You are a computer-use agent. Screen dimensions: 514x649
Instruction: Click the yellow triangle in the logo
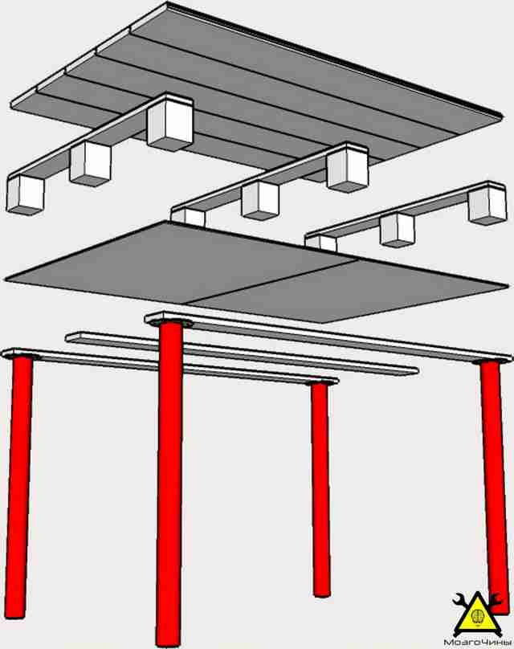[x=478, y=618]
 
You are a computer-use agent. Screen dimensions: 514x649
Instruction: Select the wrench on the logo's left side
[x=461, y=601]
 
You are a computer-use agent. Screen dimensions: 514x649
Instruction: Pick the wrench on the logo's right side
[x=494, y=601]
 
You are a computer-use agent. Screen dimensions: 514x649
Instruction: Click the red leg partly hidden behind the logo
[x=495, y=484]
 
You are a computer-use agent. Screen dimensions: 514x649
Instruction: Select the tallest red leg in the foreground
[x=169, y=484]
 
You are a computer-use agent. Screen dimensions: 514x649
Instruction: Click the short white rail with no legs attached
[x=242, y=353]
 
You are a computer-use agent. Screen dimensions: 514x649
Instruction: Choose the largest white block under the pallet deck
[x=170, y=123]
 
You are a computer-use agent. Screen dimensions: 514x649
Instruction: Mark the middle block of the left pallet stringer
[x=91, y=164]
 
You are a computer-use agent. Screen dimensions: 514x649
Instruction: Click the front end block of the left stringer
[x=25, y=194]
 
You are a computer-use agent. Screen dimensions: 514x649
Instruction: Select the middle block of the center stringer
[x=260, y=200]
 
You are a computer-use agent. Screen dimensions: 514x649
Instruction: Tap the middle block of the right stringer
[x=398, y=230]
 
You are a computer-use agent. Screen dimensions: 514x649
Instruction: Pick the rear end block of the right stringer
[x=487, y=205]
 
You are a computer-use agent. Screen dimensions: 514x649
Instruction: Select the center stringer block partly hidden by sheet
[x=189, y=217]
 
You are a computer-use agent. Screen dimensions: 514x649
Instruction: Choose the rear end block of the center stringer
[x=348, y=169]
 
